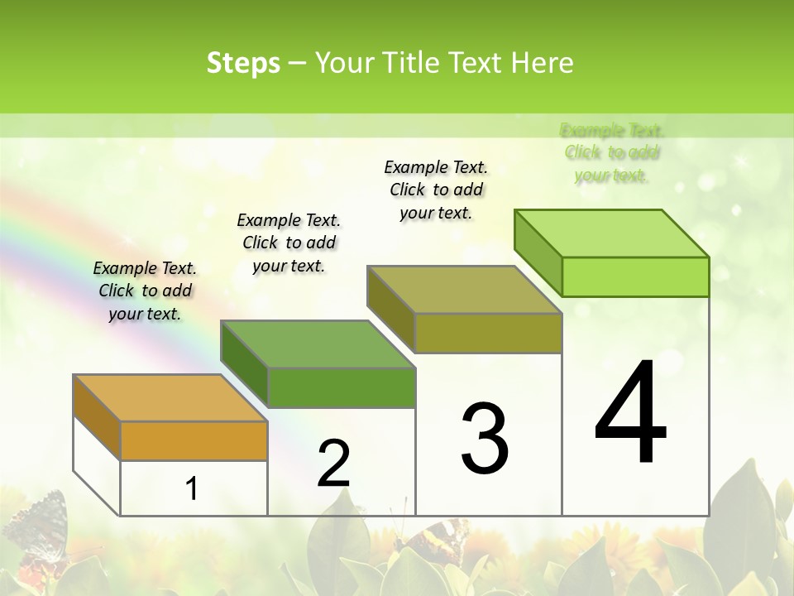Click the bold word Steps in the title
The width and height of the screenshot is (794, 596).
tap(243, 63)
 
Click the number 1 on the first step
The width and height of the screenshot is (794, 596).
tap(192, 489)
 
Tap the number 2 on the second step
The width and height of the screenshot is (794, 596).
tap(333, 464)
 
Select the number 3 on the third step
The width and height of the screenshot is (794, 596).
tap(485, 439)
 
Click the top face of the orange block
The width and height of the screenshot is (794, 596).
tap(170, 398)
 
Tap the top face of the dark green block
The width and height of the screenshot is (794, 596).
tap(318, 344)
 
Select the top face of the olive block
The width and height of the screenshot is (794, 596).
tap(465, 290)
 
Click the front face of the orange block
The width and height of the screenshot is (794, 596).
tap(194, 440)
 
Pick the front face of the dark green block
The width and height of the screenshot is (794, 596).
tap(341, 387)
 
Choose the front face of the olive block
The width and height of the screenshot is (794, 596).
tap(488, 333)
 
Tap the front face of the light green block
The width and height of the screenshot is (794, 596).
tap(635, 276)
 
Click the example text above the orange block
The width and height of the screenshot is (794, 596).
tap(145, 291)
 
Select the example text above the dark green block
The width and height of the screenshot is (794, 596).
tap(289, 243)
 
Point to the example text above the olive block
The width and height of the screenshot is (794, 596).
tap(436, 190)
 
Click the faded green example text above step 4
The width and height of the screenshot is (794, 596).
tap(612, 152)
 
